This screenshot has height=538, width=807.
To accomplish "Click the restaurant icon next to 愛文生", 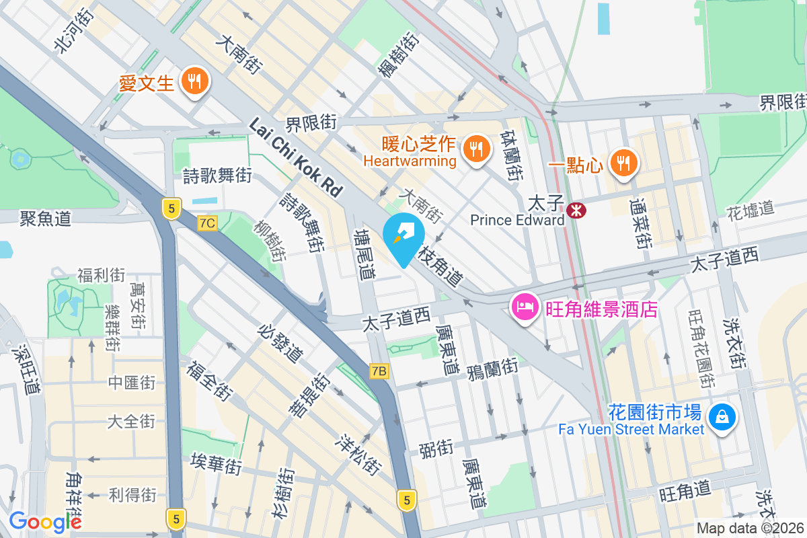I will point(195,83).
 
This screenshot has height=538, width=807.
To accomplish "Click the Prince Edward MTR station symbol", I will point(576,210).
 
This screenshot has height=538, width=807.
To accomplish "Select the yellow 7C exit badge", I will point(208,223).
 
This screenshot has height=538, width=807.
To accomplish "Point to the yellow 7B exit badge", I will point(379,371).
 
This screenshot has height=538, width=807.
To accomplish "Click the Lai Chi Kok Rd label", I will point(296,157).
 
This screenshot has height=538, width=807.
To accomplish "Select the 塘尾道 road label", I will point(366,252).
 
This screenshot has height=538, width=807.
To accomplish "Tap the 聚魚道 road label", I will point(45,218).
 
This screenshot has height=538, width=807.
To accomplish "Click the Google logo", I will point(45,521).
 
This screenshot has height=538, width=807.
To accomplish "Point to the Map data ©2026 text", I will point(749,528).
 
